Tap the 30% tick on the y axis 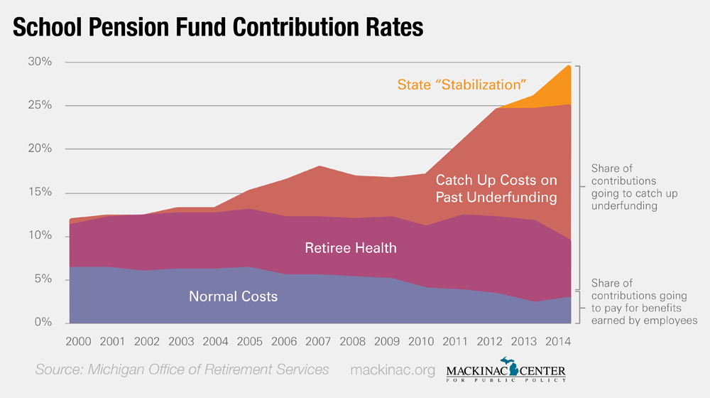pyautogui.click(x=40, y=62)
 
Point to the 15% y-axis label pyautogui.click(x=40, y=193)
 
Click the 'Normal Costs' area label pyautogui.click(x=233, y=296)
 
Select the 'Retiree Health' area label pyautogui.click(x=350, y=248)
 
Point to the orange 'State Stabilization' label pyautogui.click(x=461, y=85)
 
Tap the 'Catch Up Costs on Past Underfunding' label pyautogui.click(x=496, y=188)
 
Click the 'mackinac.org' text pyautogui.click(x=392, y=370)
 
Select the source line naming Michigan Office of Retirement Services pyautogui.click(x=182, y=370)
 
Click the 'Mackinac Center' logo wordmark pyautogui.click(x=506, y=372)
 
